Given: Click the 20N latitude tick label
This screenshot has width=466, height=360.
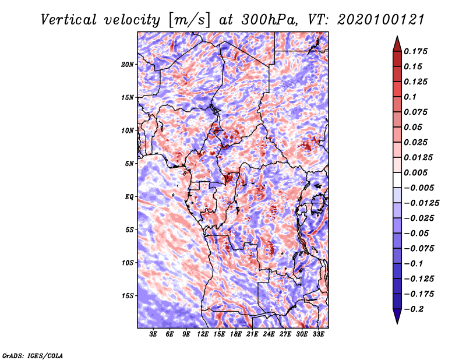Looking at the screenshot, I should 128,64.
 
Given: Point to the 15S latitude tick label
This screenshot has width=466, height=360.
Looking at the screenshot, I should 128,296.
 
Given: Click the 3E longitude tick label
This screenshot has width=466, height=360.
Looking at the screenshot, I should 154,334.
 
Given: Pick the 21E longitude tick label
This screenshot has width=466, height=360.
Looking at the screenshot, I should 252,334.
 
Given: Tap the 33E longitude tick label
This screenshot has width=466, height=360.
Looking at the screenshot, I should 318,334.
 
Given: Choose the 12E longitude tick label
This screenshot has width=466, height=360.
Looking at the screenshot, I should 203,334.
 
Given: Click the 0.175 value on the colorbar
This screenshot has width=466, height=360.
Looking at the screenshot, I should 416,51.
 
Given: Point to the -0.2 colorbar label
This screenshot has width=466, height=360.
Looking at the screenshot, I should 416,309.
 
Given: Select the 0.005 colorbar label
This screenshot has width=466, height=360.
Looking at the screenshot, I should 416,173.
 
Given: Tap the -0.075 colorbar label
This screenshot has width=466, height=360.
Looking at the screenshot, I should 420,249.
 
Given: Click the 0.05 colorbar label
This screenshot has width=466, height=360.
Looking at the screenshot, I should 414,127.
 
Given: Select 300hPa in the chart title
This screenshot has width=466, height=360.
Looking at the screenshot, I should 260,19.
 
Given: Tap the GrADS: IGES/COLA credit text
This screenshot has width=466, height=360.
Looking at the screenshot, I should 33,355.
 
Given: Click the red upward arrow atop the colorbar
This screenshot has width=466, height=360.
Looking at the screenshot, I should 396,43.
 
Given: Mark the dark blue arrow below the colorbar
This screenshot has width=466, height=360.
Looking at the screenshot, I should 396,316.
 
